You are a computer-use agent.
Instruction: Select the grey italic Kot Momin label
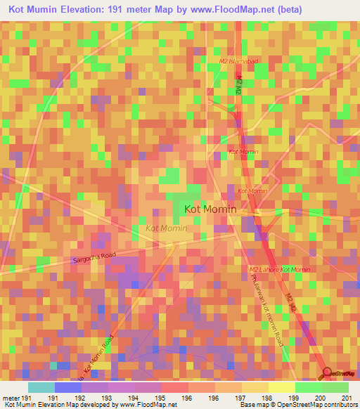pyautogui.click(x=166, y=228)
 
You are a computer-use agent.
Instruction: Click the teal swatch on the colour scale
pyautogui.click(x=41, y=388)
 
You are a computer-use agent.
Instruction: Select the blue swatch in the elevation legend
pyautogui.click(x=68, y=388)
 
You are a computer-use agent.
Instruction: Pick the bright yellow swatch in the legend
pyautogui.click(x=281, y=388)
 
